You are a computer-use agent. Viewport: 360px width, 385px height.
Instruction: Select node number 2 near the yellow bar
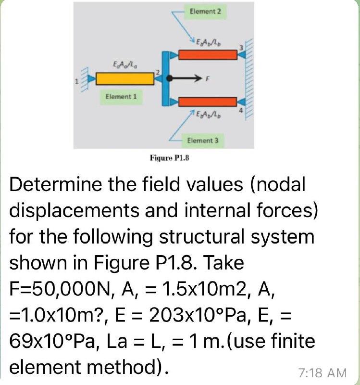[157, 71]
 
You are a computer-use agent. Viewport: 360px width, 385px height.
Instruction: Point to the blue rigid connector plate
[166, 77]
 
